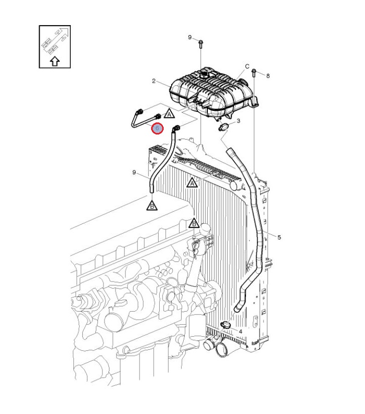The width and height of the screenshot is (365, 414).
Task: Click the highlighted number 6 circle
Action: (157, 128)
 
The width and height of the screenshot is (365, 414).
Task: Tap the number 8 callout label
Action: (268, 76)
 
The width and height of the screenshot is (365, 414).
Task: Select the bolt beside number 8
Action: (254, 73)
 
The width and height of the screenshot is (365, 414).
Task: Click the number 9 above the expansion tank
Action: (190, 37)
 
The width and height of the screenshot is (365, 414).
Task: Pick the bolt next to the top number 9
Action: (200, 44)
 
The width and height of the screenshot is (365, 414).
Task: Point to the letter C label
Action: (247, 67)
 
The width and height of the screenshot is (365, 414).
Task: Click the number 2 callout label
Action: (154, 81)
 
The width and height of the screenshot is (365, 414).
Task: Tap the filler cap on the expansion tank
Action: (204, 74)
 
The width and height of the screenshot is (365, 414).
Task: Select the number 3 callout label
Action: (238, 121)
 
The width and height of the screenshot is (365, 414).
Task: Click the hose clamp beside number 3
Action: (224, 127)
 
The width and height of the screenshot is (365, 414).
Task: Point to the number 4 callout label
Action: (240, 331)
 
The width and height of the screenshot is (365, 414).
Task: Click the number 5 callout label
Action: (279, 237)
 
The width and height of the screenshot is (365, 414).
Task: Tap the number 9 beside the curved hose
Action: (134, 173)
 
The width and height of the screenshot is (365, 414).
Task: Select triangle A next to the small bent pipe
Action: (169, 114)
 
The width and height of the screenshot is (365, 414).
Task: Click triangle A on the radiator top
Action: (192, 183)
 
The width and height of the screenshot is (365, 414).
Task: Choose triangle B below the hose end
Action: (152, 206)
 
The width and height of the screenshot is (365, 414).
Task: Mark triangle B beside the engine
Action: (194, 224)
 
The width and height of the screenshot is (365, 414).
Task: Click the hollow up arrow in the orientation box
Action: (55, 62)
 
